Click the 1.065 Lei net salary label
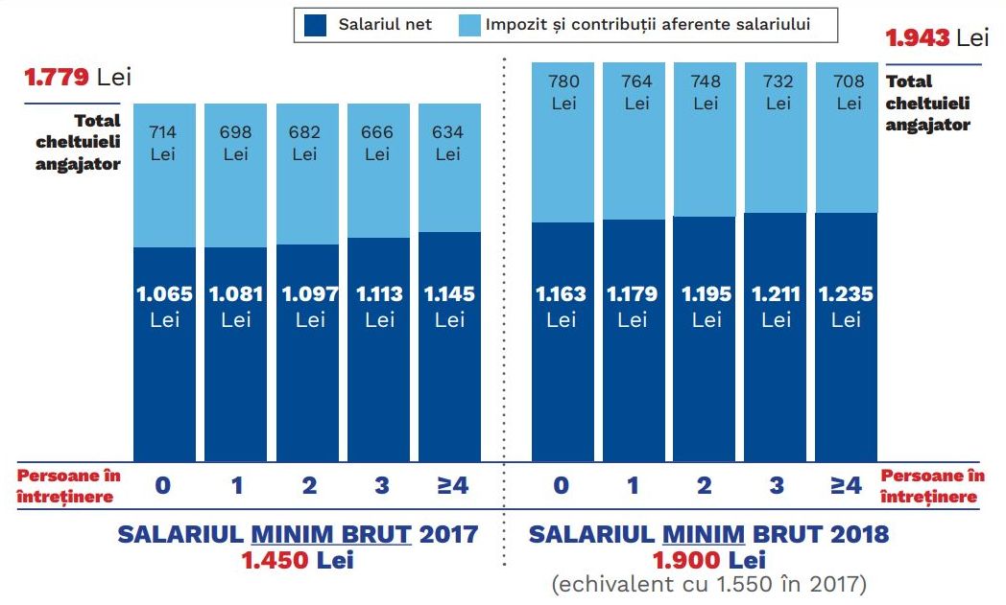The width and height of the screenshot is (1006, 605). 164,306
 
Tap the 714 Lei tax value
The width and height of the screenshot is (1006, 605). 163,143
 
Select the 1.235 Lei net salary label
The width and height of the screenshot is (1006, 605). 846,306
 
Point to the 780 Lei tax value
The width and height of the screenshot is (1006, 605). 563,92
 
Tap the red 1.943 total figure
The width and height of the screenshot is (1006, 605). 918,38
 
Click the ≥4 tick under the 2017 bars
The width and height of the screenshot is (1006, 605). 452,486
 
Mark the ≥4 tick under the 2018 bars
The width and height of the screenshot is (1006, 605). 846,486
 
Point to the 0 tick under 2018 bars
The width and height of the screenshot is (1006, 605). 562,486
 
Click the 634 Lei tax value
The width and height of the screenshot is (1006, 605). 448,143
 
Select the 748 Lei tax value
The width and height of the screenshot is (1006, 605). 706,92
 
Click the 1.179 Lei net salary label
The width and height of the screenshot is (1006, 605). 633,306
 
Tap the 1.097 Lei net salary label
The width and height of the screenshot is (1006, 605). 309,306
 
